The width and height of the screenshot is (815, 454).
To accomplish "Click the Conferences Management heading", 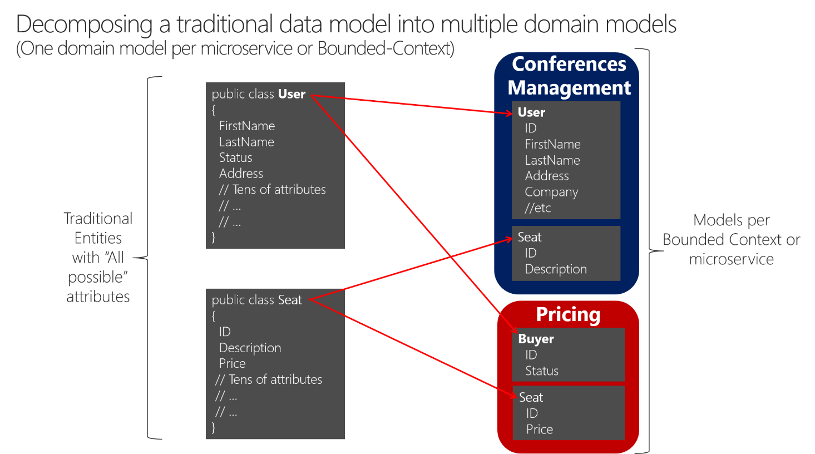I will click(569, 76).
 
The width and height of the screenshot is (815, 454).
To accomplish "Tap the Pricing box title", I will click(568, 314).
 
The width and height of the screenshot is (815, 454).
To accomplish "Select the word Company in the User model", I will click(551, 192).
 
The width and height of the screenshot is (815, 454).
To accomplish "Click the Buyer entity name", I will click(536, 339).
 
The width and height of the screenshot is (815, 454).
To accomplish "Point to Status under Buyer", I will click(542, 371).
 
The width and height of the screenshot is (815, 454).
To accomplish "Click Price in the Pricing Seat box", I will click(540, 429).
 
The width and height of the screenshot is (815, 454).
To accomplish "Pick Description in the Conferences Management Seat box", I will click(556, 269).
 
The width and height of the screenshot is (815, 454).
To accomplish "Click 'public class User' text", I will click(258, 94).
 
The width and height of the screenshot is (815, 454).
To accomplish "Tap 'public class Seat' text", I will click(256, 300).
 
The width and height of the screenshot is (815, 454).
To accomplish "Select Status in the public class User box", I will click(235, 157).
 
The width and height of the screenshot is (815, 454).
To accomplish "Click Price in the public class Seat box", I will click(232, 363).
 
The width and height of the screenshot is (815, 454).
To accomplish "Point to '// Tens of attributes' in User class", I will click(272, 190).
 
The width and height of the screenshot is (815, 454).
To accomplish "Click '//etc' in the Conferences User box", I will click(537, 208).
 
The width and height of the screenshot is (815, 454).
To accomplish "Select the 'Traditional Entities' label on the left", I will click(98, 228).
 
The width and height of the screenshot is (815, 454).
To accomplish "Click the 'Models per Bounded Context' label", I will click(731, 230).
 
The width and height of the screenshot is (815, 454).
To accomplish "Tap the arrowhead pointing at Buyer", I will click(513, 329).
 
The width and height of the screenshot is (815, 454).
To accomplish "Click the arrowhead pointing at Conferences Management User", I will click(508, 113).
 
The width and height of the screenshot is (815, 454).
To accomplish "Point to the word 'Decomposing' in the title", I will click(84, 24).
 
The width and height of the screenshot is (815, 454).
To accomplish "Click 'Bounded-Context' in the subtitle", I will click(386, 48).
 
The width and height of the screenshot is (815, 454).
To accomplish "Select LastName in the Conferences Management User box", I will click(552, 160).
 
